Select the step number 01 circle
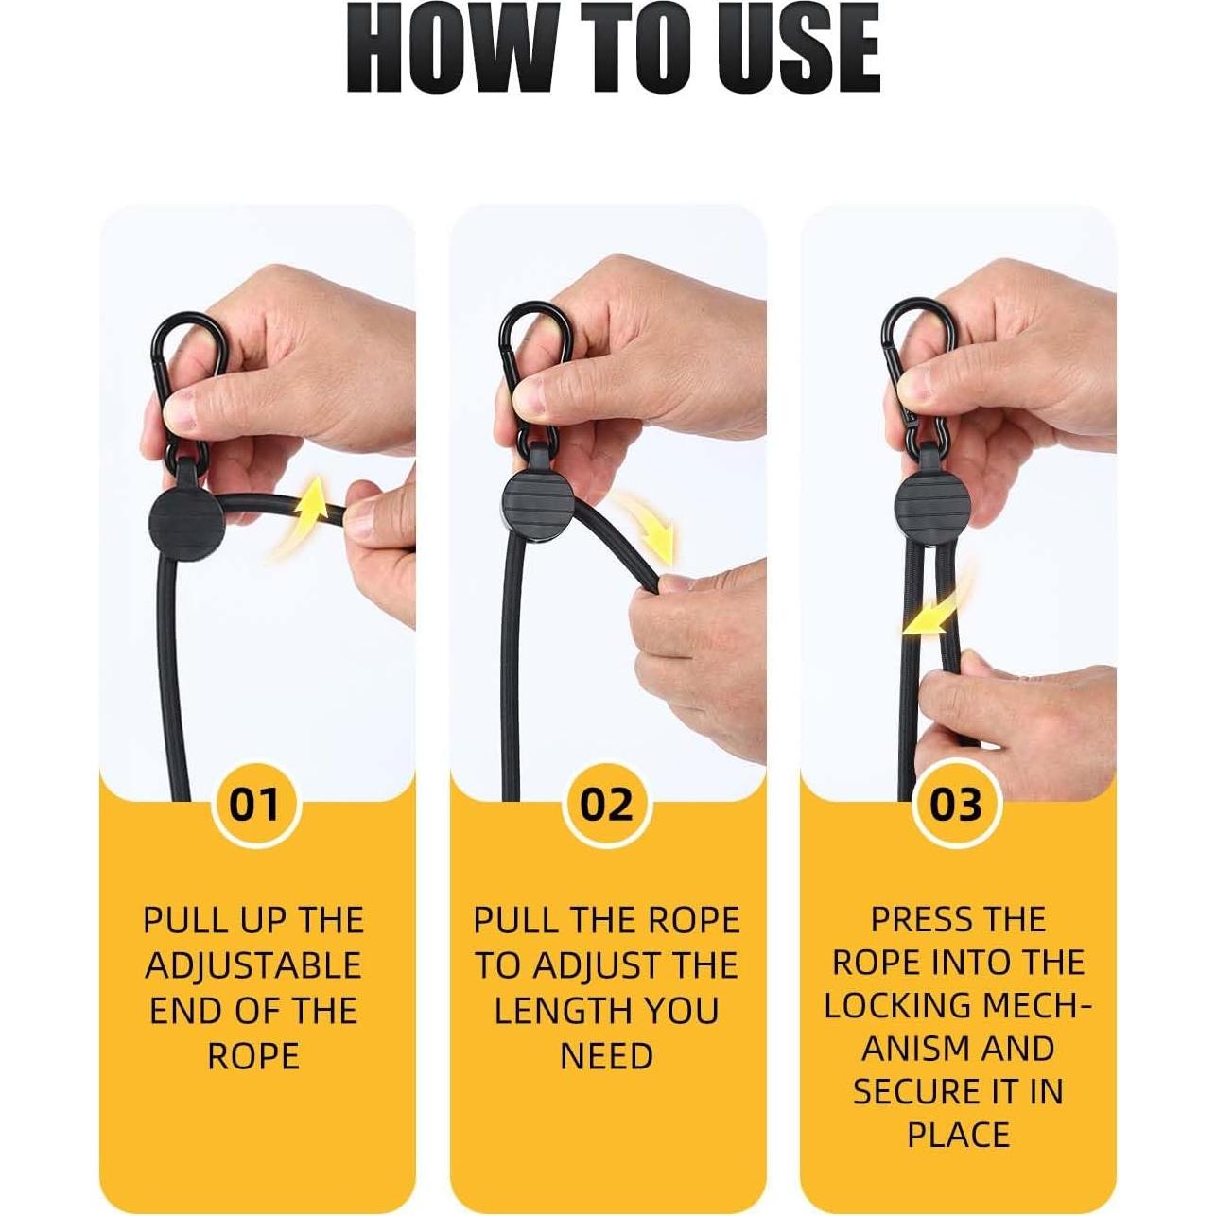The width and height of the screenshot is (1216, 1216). pos(255,805)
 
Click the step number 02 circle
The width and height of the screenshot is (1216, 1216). pos(606,805)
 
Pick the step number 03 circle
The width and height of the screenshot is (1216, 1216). pos(956,805)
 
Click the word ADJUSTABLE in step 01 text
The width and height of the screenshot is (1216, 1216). pos(253,965)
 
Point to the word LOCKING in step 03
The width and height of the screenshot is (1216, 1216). pos(885,1005)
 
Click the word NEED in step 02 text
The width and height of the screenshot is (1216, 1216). pos(606,1056)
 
